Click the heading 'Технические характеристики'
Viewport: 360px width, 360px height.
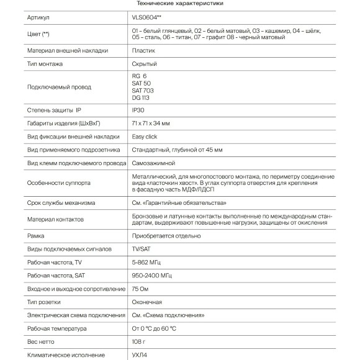(x=180, y=4)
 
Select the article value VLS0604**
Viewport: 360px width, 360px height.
(x=146, y=19)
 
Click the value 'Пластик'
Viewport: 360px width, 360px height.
(x=143, y=51)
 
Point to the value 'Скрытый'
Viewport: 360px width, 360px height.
(x=144, y=64)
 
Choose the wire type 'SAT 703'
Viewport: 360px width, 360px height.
(x=143, y=91)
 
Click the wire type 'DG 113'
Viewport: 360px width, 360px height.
(x=142, y=97)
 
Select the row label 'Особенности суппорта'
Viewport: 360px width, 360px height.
(x=59, y=183)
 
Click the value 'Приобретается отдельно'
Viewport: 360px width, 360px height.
(x=166, y=236)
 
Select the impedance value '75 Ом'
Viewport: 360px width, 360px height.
(x=142, y=289)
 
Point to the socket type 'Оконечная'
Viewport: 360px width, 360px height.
(x=147, y=302)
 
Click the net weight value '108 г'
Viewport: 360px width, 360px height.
(x=140, y=341)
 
